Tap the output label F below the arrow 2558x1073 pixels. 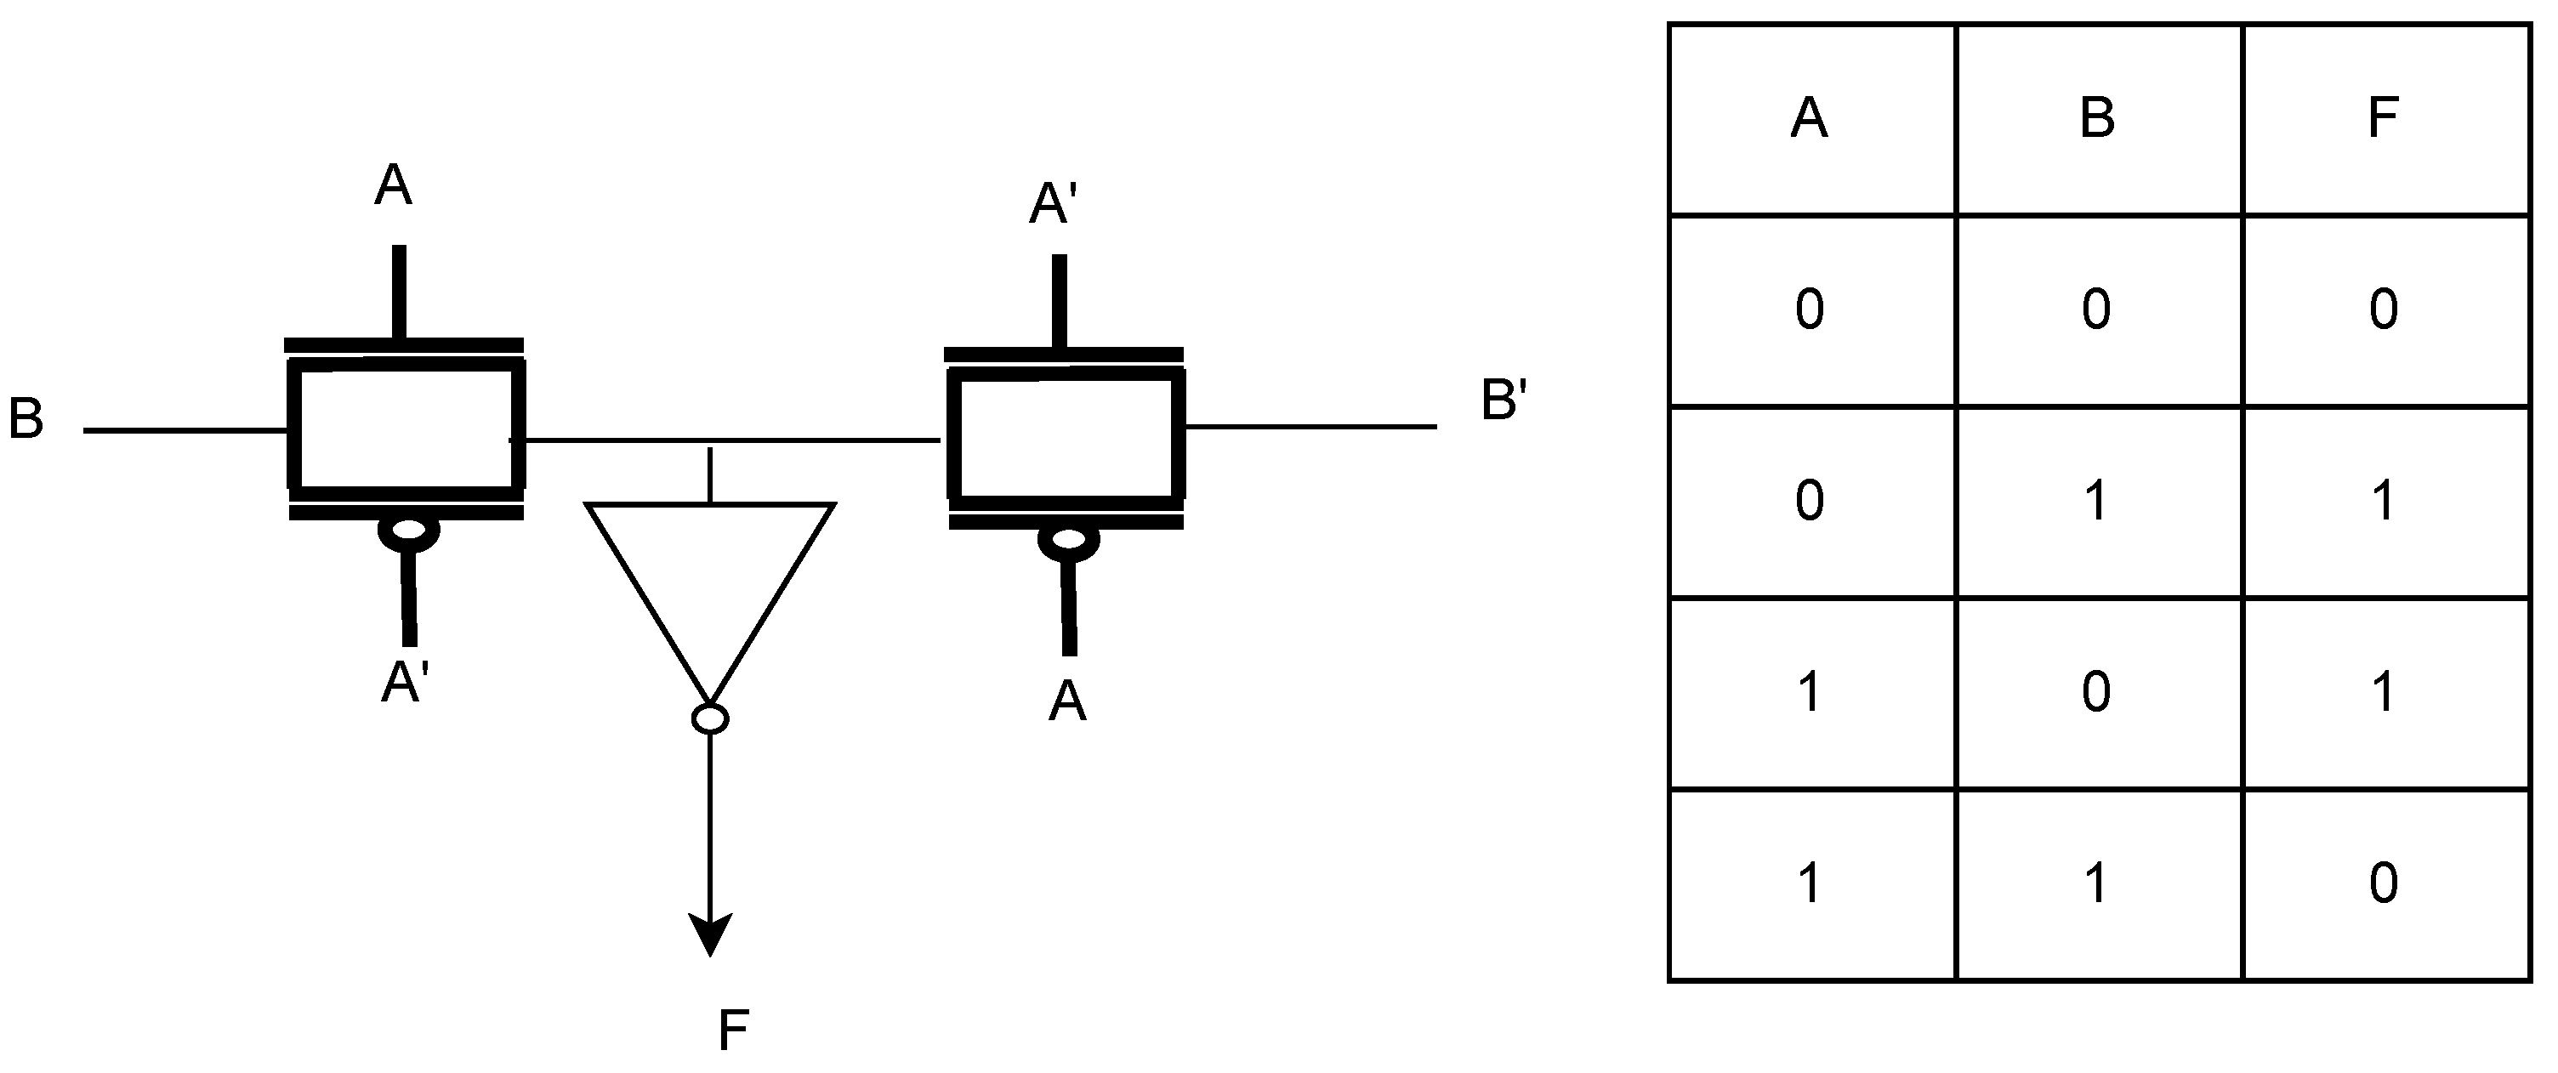733,1030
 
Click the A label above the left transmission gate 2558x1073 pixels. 393,185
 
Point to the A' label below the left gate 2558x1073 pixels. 405,682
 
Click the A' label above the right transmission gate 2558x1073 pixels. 1054,204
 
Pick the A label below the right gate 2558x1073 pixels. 1067,701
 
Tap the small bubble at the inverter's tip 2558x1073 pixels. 710,718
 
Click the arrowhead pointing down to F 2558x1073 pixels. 710,933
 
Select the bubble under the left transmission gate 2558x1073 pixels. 408,533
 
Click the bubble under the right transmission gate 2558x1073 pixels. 1068,541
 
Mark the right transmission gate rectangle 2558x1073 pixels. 1066,434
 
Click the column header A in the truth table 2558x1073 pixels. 1810,118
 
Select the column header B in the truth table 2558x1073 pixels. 2097,118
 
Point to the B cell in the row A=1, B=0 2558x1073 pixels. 2097,692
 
